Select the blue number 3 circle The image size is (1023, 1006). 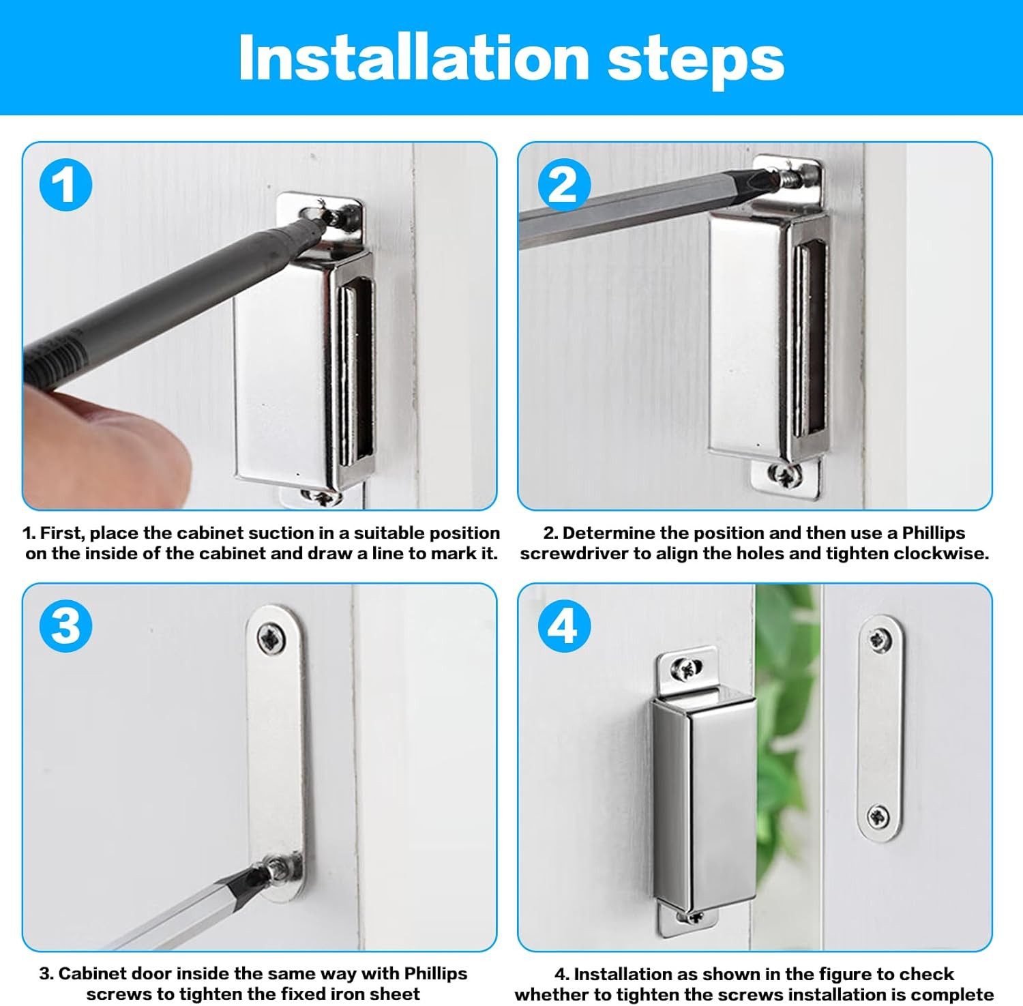point(65,625)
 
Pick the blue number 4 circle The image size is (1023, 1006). point(563,625)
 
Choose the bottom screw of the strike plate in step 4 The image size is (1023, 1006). point(878,815)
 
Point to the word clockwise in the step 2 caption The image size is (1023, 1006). point(941,552)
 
